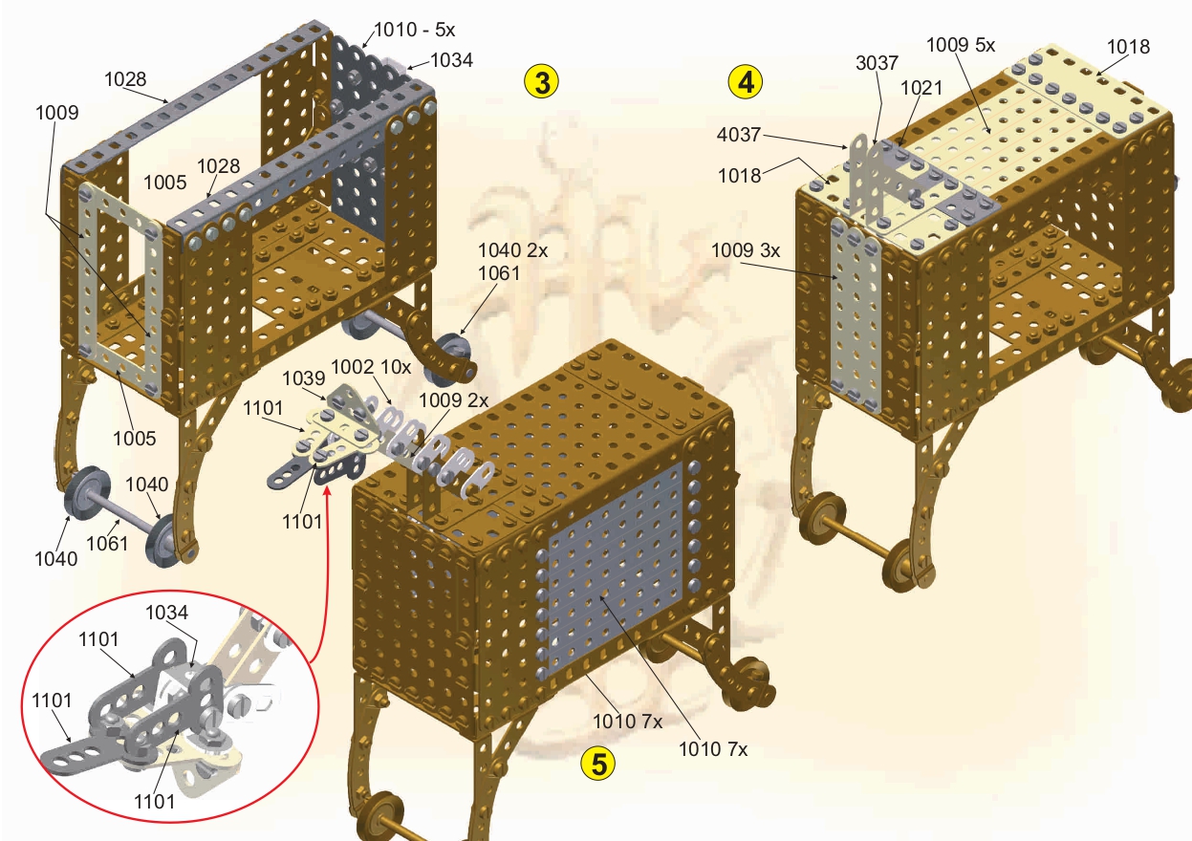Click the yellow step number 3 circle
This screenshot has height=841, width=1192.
click(541, 82)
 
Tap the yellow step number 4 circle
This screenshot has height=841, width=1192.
click(746, 82)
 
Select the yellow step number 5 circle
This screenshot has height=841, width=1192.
click(598, 765)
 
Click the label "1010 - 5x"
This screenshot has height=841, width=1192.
click(415, 30)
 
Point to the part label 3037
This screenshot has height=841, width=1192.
click(877, 63)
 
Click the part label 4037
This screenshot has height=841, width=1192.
click(739, 135)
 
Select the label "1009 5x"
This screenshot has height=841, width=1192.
click(961, 45)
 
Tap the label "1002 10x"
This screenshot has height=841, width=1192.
click(371, 367)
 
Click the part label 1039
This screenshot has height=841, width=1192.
click(303, 378)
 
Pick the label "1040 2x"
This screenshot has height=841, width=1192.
click(512, 250)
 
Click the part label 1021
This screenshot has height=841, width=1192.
click(921, 88)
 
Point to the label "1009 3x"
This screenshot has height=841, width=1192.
click(746, 250)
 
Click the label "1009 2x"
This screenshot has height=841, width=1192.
click(453, 400)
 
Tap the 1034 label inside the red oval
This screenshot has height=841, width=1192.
click(166, 613)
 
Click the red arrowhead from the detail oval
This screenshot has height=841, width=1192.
click(328, 490)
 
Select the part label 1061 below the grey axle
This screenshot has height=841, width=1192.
click(107, 544)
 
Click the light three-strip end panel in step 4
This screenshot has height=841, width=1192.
click(856, 315)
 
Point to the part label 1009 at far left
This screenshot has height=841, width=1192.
click(57, 113)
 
